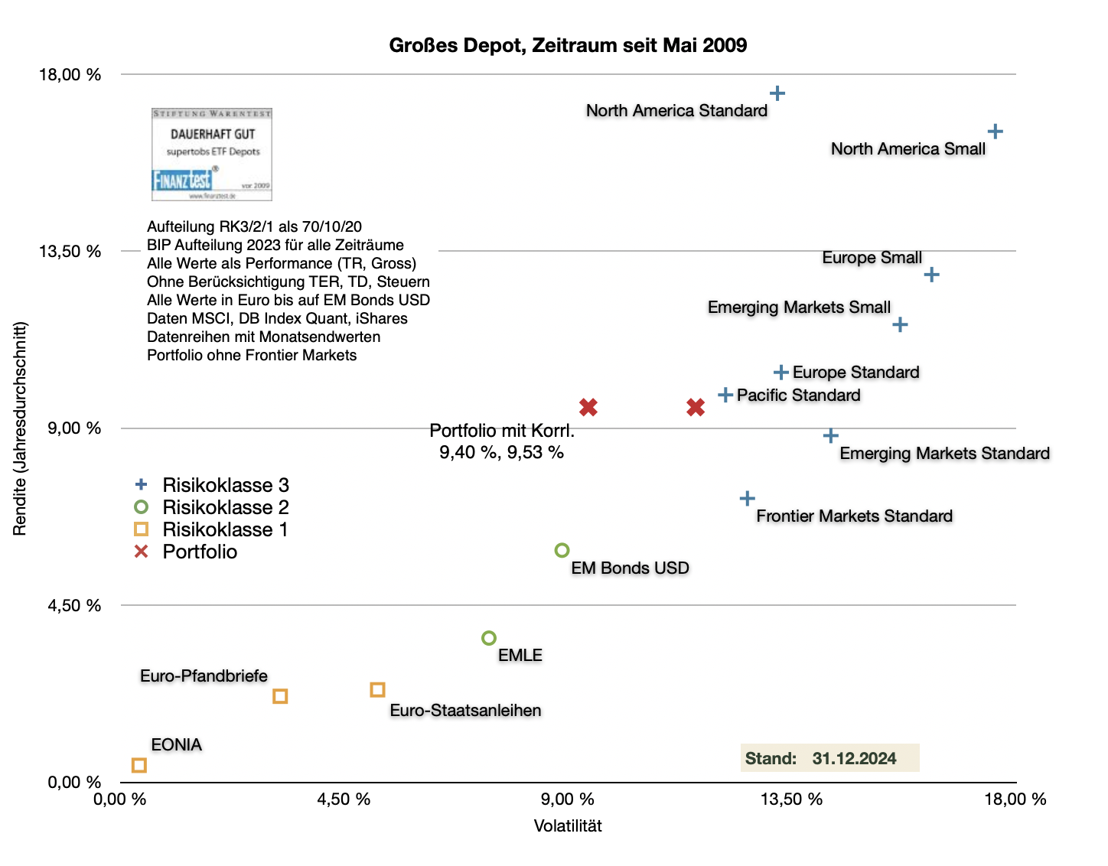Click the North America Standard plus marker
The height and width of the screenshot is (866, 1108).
777,93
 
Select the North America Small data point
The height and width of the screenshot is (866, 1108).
995,132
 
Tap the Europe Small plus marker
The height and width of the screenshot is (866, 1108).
931,275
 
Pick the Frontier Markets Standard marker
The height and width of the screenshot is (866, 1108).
748,499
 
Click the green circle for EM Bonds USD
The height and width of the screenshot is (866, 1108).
562,550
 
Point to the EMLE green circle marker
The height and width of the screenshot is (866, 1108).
489,638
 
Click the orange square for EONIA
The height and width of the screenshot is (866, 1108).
138,765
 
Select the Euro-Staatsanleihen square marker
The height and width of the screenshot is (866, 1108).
377,690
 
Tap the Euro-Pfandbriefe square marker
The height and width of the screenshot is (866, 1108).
280,696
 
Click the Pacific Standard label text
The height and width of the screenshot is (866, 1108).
798,396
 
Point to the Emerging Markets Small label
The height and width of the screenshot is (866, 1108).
799,308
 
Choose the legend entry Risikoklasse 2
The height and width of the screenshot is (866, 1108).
225,507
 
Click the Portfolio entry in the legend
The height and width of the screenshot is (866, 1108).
200,552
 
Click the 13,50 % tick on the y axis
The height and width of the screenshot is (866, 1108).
70,252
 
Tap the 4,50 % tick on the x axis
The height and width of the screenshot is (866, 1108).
344,799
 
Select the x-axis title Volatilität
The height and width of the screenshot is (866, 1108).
568,826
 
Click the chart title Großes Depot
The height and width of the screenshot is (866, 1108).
568,45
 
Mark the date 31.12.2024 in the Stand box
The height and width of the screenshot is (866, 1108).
854,758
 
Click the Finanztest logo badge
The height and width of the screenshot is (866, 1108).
212,155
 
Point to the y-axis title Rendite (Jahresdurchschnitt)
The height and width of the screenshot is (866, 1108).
20,428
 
